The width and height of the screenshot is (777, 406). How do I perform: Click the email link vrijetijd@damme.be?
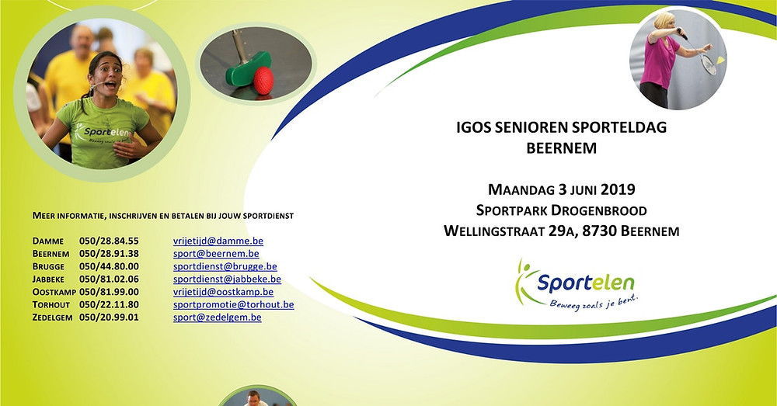click(x=218, y=241)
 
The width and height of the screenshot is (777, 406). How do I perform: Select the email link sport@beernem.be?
click(x=216, y=254)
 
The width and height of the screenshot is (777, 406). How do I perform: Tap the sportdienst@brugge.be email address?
click(x=225, y=266)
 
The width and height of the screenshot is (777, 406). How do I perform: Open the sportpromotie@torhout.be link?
click(x=233, y=304)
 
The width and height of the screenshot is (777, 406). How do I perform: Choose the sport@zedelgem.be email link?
click(x=217, y=318)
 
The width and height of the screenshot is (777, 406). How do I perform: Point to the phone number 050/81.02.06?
click(x=109, y=279)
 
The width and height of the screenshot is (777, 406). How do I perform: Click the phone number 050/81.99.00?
click(x=109, y=292)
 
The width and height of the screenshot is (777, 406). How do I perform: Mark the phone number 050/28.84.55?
click(x=109, y=241)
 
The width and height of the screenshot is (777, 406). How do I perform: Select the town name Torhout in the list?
click(x=51, y=305)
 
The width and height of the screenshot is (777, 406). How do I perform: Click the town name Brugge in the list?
click(x=48, y=267)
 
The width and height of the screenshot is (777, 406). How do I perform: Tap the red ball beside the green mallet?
click(x=263, y=80)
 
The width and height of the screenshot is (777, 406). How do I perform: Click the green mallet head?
click(x=248, y=70)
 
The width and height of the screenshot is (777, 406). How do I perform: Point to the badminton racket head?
click(x=709, y=64)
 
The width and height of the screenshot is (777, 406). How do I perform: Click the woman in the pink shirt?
click(x=661, y=60)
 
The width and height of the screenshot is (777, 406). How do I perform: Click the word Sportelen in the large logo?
click(x=586, y=283)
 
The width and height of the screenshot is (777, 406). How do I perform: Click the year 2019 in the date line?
click(x=618, y=189)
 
